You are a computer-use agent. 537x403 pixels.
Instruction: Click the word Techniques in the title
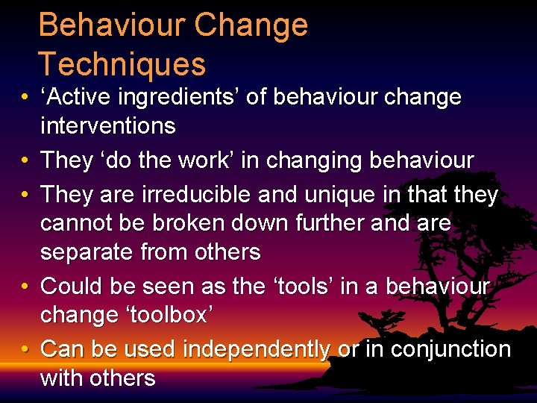(122, 64)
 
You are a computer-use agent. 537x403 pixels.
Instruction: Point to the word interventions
(107, 126)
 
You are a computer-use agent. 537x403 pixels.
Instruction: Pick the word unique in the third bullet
(347, 195)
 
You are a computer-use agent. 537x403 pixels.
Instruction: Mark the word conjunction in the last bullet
(453, 349)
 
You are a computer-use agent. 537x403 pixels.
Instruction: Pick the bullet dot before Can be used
(25, 349)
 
